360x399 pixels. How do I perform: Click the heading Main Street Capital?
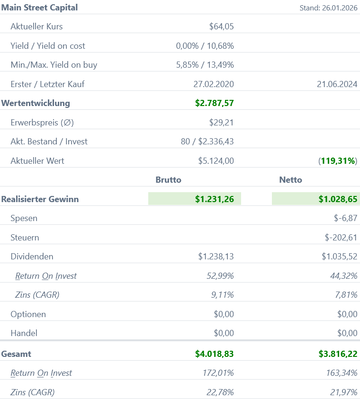click(x=40, y=8)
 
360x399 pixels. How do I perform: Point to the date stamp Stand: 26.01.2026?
click(x=328, y=8)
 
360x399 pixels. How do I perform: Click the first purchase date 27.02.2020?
click(x=214, y=84)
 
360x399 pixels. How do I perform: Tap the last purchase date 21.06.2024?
click(x=337, y=84)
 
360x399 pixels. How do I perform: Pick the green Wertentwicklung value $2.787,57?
click(x=214, y=103)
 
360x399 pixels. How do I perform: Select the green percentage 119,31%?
click(x=338, y=161)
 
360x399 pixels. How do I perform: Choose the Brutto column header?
click(x=168, y=180)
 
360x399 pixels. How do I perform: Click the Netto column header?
click(x=290, y=180)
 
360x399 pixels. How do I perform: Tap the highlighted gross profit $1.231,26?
click(x=214, y=199)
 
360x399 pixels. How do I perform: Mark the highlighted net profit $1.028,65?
click(x=338, y=199)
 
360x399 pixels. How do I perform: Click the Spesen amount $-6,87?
click(x=345, y=219)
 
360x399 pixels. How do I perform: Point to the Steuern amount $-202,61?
click(x=342, y=238)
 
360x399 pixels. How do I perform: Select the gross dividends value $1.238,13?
click(x=216, y=257)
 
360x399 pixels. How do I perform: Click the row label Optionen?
click(x=28, y=314)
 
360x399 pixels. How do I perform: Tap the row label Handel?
click(x=24, y=333)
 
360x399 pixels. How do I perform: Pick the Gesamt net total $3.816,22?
click(x=338, y=354)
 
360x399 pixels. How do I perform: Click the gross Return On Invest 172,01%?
click(x=218, y=373)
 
